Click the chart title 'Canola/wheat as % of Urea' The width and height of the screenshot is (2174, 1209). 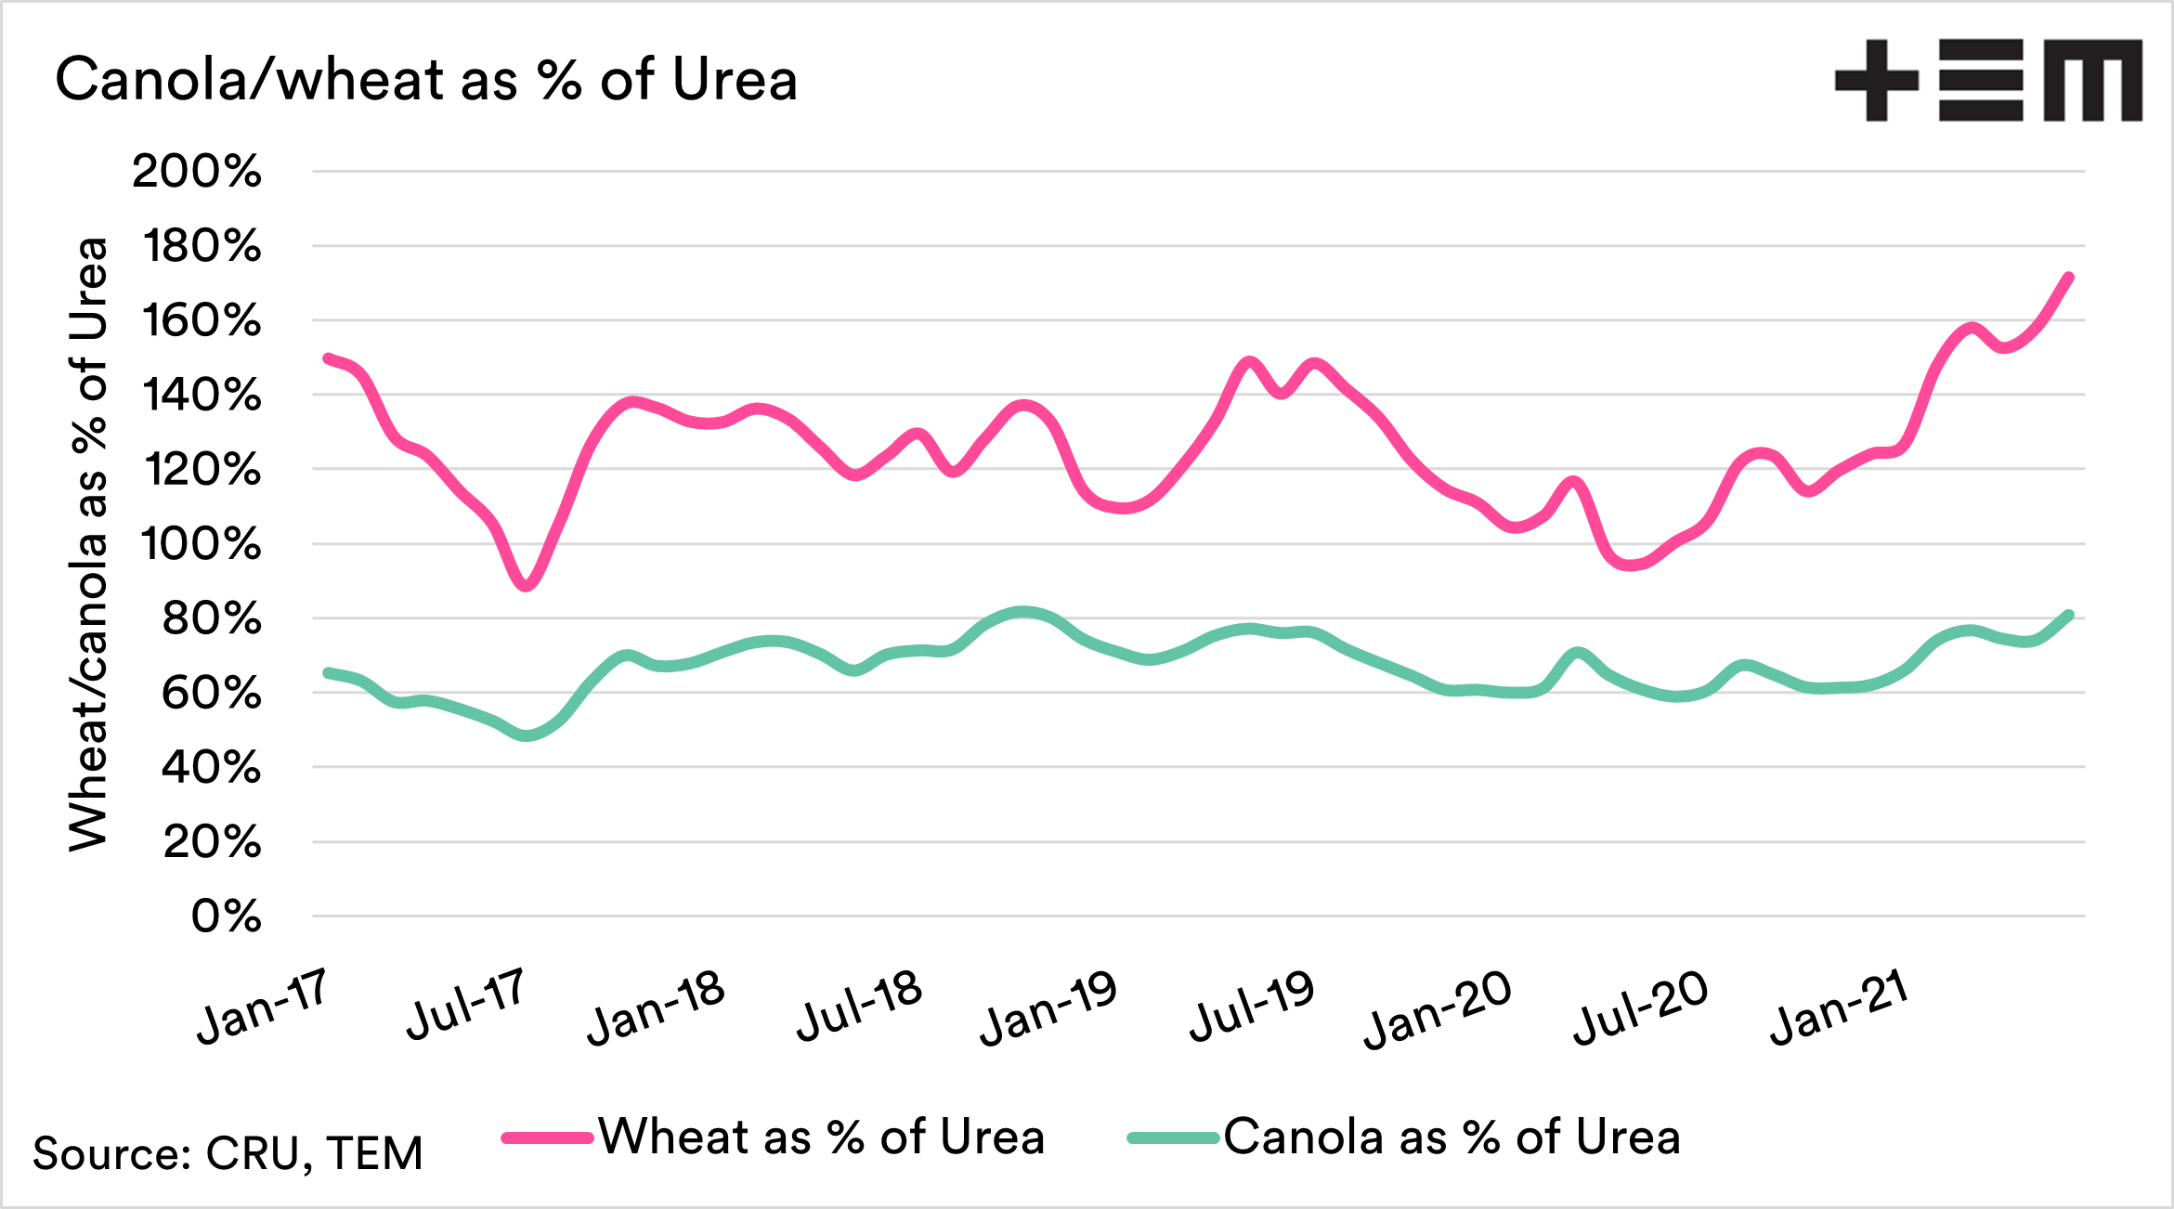tap(426, 80)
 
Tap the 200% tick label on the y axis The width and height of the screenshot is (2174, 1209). tap(197, 172)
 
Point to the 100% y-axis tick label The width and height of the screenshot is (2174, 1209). tap(202, 544)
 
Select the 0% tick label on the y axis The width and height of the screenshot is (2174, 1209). tap(226, 916)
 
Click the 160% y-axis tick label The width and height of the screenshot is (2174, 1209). tap(202, 321)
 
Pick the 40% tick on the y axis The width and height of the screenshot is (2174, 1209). tap(211, 768)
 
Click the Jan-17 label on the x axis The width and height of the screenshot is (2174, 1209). tap(263, 1006)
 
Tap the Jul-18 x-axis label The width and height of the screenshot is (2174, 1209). tap(859, 1006)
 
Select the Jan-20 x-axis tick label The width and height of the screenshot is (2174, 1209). tap(1438, 1009)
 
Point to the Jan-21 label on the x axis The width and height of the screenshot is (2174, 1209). tap(1839, 1007)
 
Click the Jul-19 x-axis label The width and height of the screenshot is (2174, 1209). tap(1252, 1007)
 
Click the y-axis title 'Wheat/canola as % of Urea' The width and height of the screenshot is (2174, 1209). tap(89, 544)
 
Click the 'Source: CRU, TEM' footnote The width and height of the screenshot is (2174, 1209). tap(228, 1153)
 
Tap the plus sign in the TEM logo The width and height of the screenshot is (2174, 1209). tap(1876, 80)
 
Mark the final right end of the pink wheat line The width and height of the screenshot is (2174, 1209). tap(2069, 277)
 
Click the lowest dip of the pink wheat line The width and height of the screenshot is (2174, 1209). tap(527, 586)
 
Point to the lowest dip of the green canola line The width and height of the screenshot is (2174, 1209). tap(527, 735)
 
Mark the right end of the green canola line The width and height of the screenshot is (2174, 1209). tap(2069, 615)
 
